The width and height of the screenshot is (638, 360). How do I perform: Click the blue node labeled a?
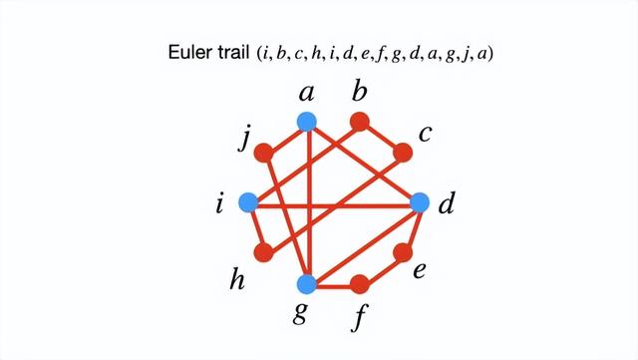coord(307,122)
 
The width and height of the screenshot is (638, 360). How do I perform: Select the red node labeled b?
coord(361,122)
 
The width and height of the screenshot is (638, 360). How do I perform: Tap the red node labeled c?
coord(403,153)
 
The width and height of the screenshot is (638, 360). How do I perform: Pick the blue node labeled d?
coord(420,203)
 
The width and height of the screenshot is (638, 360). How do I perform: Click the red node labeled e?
coord(403,253)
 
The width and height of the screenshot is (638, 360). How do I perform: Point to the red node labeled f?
coord(361,284)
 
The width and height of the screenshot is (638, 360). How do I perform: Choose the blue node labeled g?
coord(307,284)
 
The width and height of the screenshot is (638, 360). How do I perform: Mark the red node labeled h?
coord(264,253)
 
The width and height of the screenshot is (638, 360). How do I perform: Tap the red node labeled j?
coord(264,153)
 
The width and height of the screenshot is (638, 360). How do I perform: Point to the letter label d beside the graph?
coord(447,205)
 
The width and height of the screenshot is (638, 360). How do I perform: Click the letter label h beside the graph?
coord(237,280)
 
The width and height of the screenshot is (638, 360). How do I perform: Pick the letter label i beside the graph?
coord(219,205)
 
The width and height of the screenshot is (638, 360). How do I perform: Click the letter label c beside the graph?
coord(424,133)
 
